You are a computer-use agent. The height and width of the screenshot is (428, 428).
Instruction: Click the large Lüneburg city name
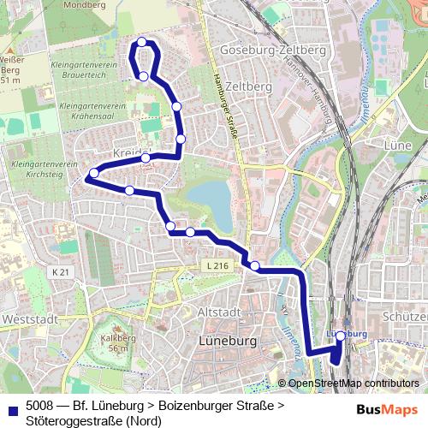coord(226,340)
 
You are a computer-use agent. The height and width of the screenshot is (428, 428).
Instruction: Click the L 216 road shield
coord(217,267)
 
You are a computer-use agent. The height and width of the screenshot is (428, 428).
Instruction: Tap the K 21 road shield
coord(59,271)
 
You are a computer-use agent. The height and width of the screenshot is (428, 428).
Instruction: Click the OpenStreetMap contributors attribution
coord(353,384)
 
